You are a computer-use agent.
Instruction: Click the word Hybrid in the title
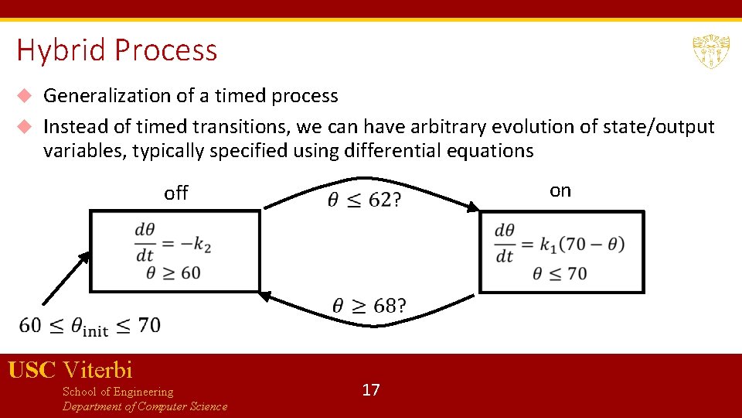click(63, 50)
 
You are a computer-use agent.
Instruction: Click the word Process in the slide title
click(166, 50)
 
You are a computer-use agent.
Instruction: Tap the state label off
click(176, 194)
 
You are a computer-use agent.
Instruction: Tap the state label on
click(560, 190)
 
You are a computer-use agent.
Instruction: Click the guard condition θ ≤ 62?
click(364, 200)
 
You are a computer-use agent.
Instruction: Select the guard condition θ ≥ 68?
click(369, 306)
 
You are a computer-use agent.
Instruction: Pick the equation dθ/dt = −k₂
click(173, 242)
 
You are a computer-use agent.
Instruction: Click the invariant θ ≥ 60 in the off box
click(173, 272)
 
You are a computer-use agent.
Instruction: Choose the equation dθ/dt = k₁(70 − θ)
click(559, 243)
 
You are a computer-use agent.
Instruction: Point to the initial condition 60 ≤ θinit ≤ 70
click(90, 326)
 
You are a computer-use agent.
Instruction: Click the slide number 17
click(371, 389)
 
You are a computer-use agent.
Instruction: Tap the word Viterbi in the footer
click(98, 370)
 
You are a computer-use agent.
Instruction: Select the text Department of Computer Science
click(145, 406)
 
